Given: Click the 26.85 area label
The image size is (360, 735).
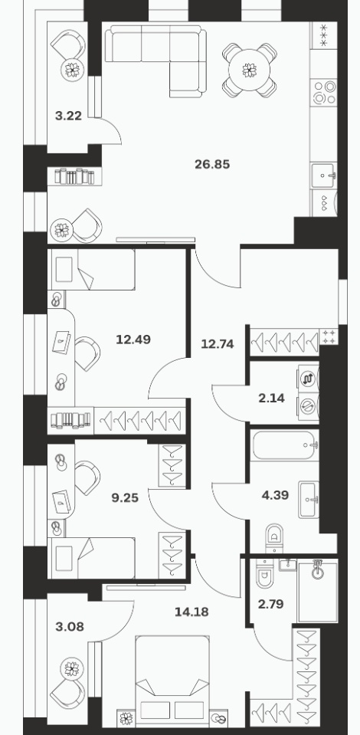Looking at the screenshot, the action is point(212,165).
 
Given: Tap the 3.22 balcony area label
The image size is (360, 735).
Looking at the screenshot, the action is point(68,116).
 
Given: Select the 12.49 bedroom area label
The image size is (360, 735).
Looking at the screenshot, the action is point(133,339).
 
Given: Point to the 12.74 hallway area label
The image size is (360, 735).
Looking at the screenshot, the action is point(217,344).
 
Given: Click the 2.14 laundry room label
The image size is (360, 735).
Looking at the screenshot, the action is point(271,399).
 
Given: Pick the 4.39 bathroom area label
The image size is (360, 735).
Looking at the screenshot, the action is point(275,494).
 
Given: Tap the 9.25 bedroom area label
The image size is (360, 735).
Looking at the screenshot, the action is point(125,497).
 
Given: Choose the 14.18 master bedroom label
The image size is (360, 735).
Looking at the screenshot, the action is point(191,612).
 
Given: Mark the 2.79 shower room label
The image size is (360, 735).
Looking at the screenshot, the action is point(271,604).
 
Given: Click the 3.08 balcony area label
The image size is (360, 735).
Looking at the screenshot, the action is point(70,626).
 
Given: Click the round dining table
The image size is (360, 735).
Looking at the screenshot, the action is point(250,71).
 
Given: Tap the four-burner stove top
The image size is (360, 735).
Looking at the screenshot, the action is point(324,92).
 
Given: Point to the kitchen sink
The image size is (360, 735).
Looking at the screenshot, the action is point(323,176).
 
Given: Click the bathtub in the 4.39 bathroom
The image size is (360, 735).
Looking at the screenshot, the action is point(284,445).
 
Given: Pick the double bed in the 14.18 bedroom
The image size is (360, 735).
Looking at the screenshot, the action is point(172,679).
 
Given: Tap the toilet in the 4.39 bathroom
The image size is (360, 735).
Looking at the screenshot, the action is point(275,538).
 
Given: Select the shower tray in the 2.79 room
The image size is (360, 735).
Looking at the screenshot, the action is point(318,591).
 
